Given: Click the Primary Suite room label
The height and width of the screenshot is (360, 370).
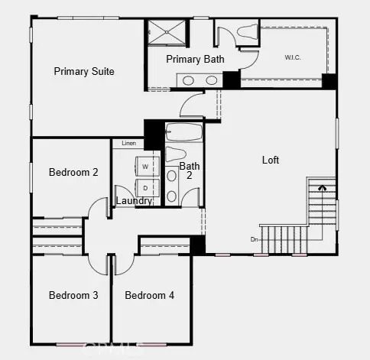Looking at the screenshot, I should click(84, 72).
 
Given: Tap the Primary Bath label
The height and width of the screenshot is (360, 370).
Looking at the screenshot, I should click(194, 60).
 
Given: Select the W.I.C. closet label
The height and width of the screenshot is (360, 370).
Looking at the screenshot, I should click(292, 57).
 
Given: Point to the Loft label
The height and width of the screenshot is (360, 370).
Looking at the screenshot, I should click(271, 161).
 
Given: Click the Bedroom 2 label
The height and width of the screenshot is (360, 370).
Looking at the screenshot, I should click(73, 173).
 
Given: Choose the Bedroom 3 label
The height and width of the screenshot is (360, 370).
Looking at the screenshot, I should click(73, 296).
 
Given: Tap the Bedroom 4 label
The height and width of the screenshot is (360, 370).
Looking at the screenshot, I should click(150, 296).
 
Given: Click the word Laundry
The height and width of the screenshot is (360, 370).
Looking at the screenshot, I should click(134, 201).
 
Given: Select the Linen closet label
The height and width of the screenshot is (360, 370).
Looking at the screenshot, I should click(128, 143).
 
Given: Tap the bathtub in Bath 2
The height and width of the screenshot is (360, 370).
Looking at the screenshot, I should click(183, 133).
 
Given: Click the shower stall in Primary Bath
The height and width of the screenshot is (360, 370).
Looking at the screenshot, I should click(167, 33).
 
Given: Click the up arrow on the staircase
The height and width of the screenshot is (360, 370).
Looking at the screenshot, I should click(322, 185).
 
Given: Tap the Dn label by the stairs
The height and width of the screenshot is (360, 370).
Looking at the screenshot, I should click(254, 239).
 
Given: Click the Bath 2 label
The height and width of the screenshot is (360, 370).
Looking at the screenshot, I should click(189, 170).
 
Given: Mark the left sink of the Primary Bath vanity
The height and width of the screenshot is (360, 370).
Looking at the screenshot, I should click(190, 79).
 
